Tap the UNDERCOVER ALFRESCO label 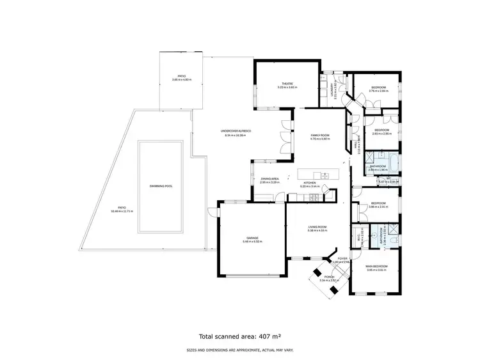click(x=236, y=132)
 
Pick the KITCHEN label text click(x=310, y=183)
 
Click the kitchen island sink click(x=324, y=175)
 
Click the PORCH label click(x=329, y=276)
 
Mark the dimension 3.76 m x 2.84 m click(x=378, y=91)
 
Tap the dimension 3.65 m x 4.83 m click(x=182, y=79)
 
